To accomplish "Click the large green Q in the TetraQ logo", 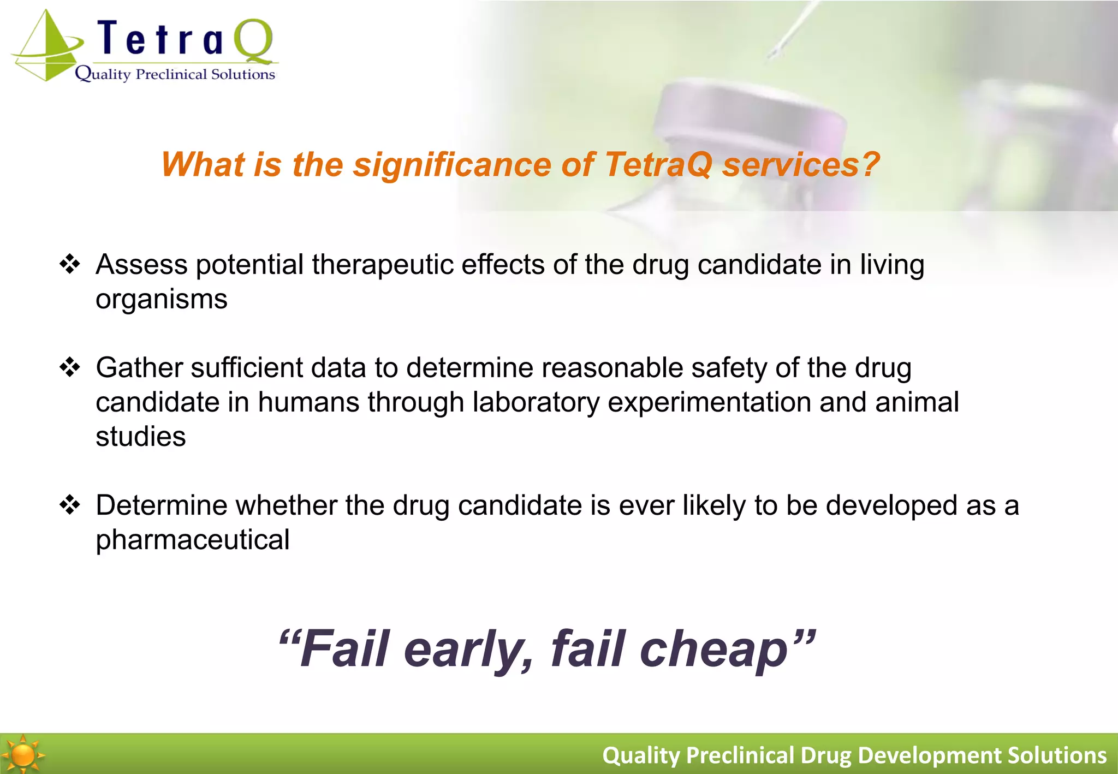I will [x=253, y=40].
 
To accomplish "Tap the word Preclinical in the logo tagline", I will [x=171, y=74].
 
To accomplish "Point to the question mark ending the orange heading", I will [x=870, y=164].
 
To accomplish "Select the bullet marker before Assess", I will [x=70, y=265].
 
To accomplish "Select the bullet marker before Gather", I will [x=70, y=367].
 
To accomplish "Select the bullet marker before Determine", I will [x=70, y=505].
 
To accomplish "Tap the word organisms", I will [x=161, y=300].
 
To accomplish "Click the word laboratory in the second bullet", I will [x=536, y=403].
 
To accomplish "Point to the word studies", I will [x=140, y=437].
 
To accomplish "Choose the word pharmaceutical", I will [x=192, y=540].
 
